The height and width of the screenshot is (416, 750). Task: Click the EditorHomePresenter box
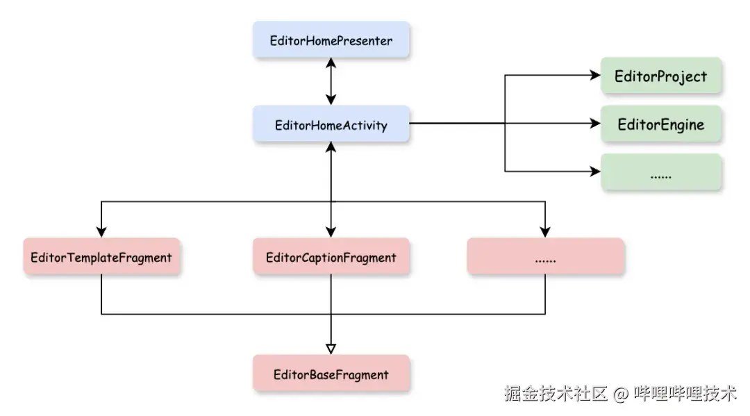pyautogui.click(x=331, y=40)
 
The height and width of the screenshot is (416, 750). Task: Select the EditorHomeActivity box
pyautogui.click(x=331, y=125)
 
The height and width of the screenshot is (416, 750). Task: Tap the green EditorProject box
pyautogui.click(x=660, y=76)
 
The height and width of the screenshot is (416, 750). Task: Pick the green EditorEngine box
pyautogui.click(x=660, y=125)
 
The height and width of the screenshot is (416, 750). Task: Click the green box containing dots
pyautogui.click(x=660, y=174)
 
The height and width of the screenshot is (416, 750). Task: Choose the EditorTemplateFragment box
pyautogui.click(x=101, y=257)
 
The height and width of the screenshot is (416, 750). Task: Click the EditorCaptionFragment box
pyautogui.click(x=331, y=257)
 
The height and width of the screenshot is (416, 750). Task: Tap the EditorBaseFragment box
pyautogui.click(x=331, y=374)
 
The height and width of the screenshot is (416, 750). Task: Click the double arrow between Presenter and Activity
pyautogui.click(x=331, y=81)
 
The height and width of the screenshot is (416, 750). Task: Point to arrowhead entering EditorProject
pyautogui.click(x=594, y=76)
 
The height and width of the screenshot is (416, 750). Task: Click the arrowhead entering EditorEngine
pyautogui.click(x=594, y=124)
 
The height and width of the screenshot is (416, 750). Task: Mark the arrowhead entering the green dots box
pyautogui.click(x=594, y=170)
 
